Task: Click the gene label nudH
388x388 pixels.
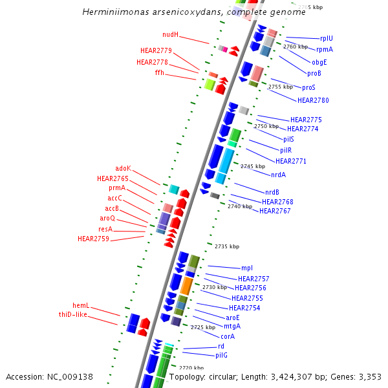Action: [x=171, y=34]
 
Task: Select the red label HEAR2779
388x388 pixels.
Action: [x=156, y=50]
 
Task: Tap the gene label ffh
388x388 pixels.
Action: [x=159, y=73]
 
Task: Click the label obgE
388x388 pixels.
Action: [x=319, y=63]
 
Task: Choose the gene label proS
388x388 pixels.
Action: [x=308, y=88]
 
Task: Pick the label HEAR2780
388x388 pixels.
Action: [x=313, y=100]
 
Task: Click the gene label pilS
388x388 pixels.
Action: [x=288, y=139]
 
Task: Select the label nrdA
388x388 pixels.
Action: [x=279, y=175]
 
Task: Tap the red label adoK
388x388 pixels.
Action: [x=123, y=168]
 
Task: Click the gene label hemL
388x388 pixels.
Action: [x=81, y=305]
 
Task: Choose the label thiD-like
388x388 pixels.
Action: [x=72, y=314]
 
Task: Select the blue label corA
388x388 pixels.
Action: [x=228, y=336]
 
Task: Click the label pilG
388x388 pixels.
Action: [x=222, y=356]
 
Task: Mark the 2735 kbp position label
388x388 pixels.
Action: [x=227, y=246]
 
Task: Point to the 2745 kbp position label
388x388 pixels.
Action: [x=253, y=166]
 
